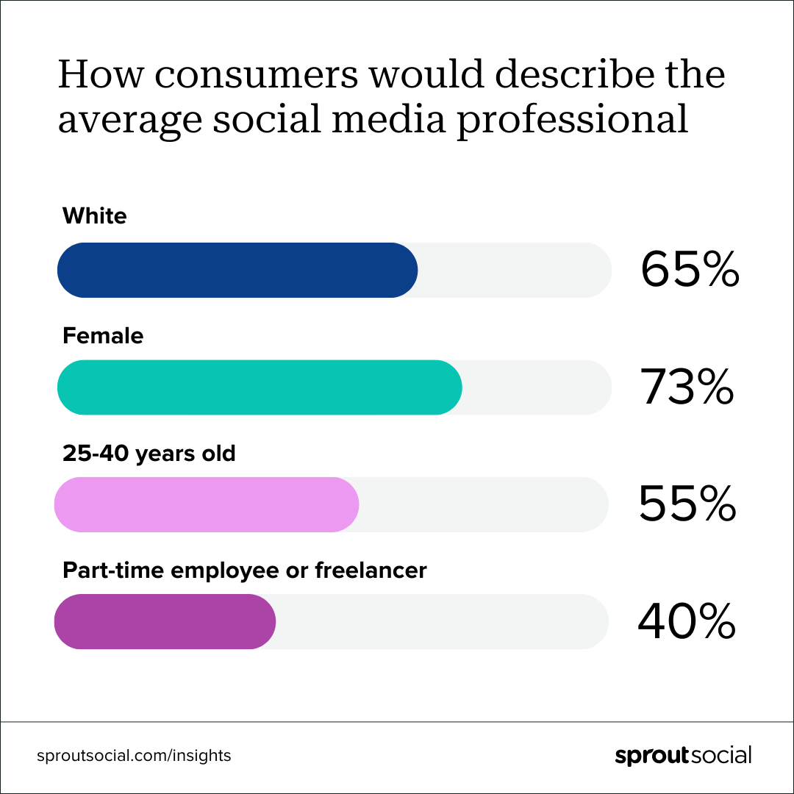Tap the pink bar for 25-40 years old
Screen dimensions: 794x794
206,504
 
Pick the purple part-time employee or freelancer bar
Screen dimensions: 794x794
165,621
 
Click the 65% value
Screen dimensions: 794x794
689,270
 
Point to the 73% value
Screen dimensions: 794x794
687,387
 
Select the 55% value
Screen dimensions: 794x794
687,504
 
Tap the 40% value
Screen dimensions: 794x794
687,622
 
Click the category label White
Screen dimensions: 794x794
95,216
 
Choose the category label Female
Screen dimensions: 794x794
103,336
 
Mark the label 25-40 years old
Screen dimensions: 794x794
149,453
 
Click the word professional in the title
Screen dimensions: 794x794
573,119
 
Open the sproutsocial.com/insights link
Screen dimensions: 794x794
134,755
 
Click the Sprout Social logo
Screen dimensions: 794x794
683,755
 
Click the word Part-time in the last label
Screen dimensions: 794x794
106,570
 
